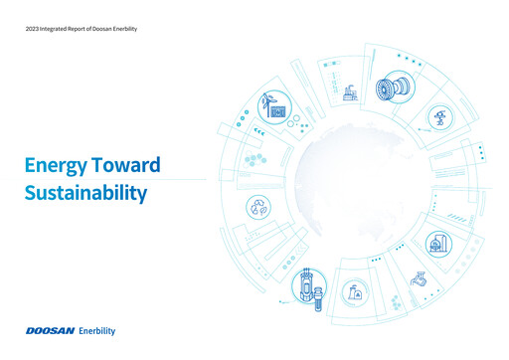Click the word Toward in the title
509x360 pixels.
(128, 166)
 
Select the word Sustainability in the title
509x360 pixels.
(86, 192)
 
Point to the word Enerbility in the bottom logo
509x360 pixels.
(103, 329)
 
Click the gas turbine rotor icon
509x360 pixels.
(389, 88)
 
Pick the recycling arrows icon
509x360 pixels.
(260, 208)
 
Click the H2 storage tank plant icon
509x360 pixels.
(437, 243)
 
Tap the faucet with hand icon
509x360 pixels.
(419, 279)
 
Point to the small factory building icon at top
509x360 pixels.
(348, 93)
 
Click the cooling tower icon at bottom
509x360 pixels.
(354, 291)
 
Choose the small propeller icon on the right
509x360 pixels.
(439, 118)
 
